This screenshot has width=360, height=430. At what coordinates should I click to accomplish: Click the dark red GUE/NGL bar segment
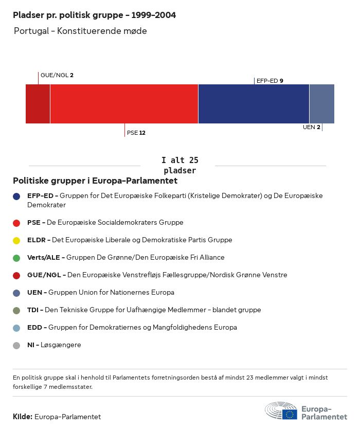[38, 104]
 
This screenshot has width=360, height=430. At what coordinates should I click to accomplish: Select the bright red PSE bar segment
[124, 104]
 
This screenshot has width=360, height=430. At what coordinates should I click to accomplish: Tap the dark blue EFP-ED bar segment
[254, 104]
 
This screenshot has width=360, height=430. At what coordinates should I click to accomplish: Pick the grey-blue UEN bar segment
[321, 104]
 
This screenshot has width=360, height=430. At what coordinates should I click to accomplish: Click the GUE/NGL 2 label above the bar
[57, 75]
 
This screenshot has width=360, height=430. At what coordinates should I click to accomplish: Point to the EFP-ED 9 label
[270, 81]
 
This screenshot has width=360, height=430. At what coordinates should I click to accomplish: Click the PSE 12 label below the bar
[136, 133]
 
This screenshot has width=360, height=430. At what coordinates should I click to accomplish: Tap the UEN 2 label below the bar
[312, 127]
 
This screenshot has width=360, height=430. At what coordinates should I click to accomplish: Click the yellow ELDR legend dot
[16, 240]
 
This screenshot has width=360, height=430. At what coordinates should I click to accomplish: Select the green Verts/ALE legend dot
[16, 258]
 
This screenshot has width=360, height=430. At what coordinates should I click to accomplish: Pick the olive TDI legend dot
[16, 310]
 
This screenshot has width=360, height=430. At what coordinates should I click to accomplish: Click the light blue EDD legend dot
[16, 328]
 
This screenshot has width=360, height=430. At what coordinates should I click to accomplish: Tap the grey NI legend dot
[16, 345]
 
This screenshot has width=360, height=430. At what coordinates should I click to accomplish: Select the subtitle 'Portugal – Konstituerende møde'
[80, 31]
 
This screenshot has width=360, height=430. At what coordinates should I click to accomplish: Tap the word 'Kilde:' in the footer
[23, 417]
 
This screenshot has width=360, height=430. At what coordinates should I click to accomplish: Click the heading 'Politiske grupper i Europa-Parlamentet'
[95, 181]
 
